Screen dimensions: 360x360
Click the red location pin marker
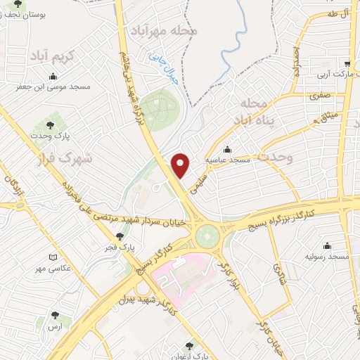(x=181, y=166)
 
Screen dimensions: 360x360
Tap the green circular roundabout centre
(x=207, y=236)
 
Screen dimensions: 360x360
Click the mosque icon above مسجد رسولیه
(x=328, y=246)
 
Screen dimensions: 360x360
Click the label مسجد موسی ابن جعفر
(x=52, y=88)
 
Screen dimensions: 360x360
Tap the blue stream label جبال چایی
(x=162, y=71)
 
